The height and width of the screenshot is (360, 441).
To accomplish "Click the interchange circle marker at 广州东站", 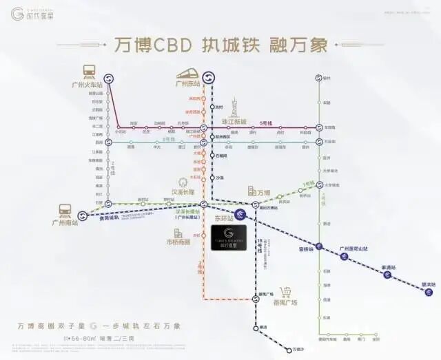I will [x=209, y=77].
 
